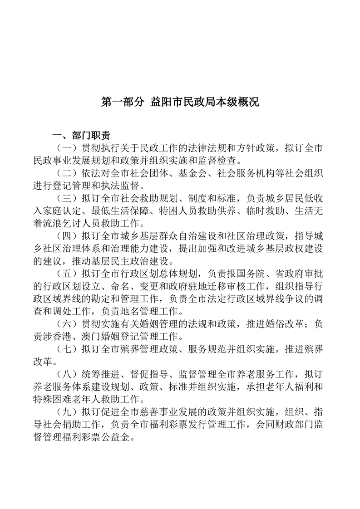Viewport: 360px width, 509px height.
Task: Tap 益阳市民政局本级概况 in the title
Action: [204, 102]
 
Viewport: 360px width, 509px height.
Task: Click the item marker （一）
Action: [66, 148]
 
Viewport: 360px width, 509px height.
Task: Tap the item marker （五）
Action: [66, 274]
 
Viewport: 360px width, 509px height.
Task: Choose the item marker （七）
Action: [66, 349]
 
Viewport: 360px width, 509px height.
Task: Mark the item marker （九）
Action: [66, 412]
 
